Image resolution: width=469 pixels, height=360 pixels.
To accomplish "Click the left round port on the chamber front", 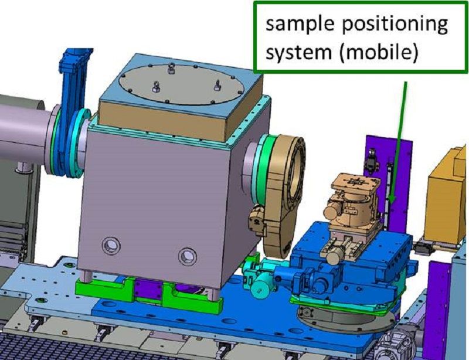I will coord(110,244).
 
